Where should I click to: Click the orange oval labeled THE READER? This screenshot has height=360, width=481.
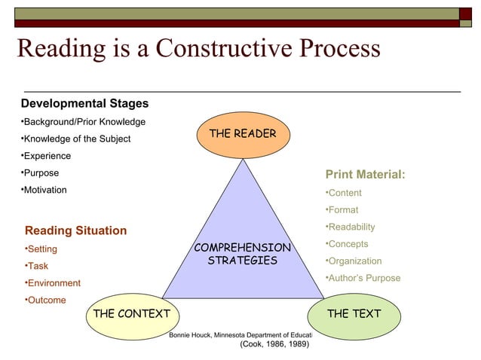[242, 134]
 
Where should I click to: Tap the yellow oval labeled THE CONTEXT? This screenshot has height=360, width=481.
[132, 313]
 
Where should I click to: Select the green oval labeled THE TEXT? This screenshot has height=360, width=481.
[354, 313]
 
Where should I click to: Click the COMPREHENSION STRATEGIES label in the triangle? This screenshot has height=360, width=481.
[242, 254]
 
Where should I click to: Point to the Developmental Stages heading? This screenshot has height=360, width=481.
[84, 103]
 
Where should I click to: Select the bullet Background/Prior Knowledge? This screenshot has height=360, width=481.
[84, 122]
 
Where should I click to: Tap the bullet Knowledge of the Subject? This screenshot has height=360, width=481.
[76, 139]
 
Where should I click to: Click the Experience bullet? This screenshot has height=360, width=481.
[47, 156]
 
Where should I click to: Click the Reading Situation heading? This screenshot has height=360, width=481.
[75, 230]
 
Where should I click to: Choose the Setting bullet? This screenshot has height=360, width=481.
[42, 249]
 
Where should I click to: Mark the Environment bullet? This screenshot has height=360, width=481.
[54, 283]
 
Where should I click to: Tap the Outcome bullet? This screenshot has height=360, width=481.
[46, 301]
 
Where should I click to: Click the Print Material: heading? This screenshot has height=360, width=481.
[365, 175]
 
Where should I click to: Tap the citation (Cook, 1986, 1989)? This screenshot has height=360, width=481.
[274, 345]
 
